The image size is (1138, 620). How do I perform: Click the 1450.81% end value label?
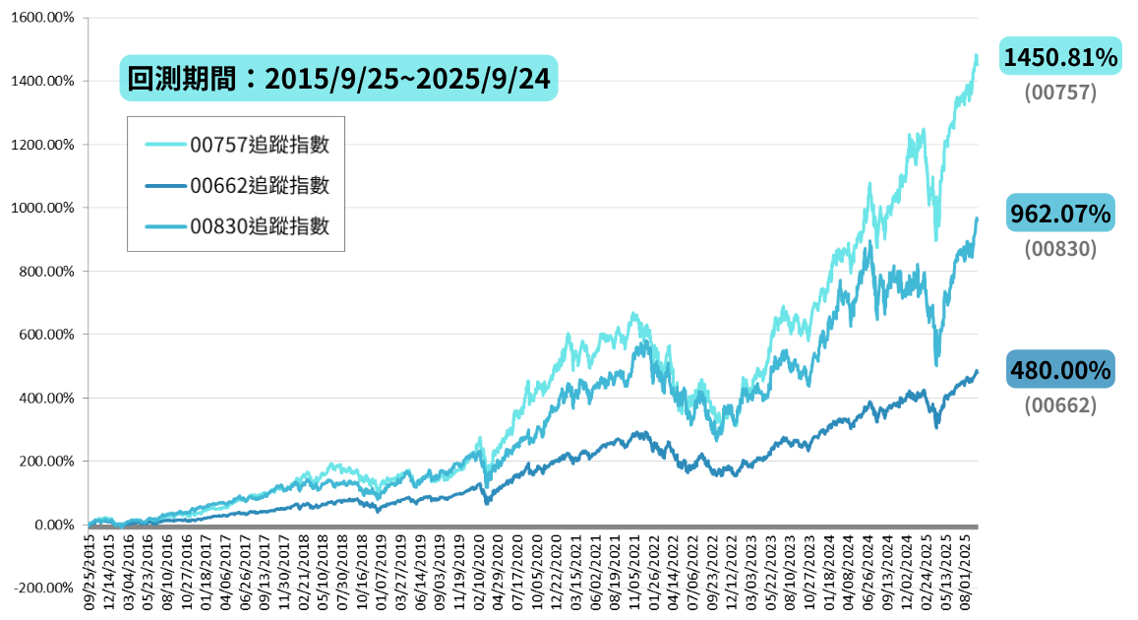(x=1059, y=58)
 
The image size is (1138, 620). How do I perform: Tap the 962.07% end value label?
(x=1059, y=213)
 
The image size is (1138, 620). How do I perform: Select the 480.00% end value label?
(x=1059, y=370)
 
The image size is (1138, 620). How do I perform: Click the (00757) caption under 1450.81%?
(x=1059, y=93)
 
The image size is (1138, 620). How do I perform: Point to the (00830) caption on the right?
(x=1059, y=248)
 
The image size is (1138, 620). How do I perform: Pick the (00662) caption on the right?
(x=1059, y=404)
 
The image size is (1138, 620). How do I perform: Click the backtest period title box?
(x=338, y=78)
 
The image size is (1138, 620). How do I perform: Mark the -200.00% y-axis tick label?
(x=43, y=588)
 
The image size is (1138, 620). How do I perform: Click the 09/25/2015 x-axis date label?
(x=90, y=573)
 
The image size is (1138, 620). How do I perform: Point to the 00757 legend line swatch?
(x=165, y=145)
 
